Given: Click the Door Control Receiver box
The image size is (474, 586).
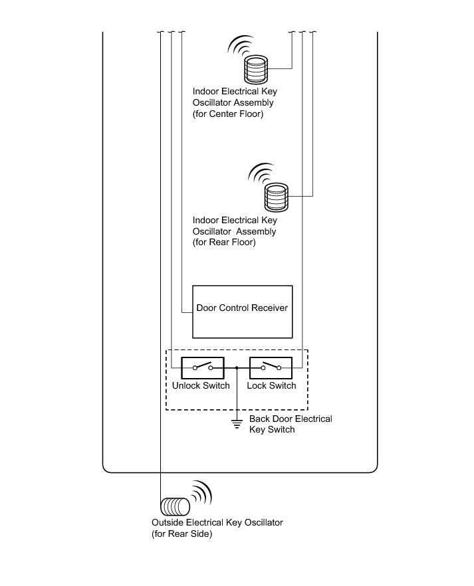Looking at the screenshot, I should click(242, 326).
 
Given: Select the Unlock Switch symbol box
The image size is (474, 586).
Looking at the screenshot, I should click(201, 367).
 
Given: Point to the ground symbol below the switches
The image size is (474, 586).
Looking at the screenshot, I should click(237, 423).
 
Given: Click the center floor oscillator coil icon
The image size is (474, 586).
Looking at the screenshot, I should click(255, 68).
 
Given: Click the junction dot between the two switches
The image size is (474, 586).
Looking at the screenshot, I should click(237, 367).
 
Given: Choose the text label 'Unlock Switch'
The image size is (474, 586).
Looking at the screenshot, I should click(201, 385).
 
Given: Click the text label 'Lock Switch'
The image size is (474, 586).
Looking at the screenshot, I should click(271, 385).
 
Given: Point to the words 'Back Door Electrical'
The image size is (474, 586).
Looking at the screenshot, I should click(291, 419).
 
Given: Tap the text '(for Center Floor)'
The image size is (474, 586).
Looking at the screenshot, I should click(228, 114).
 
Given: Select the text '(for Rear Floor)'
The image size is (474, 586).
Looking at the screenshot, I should click(224, 243).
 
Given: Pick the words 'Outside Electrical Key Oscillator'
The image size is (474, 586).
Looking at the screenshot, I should click(217, 522).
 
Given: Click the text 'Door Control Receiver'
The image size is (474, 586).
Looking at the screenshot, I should click(242, 308).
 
